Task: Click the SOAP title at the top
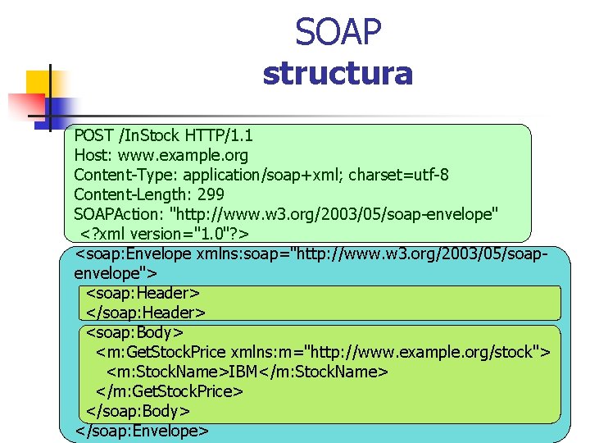(338, 33)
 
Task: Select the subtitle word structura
(338, 74)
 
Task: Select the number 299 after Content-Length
(210, 194)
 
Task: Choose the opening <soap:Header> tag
(143, 293)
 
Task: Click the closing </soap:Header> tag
(146, 313)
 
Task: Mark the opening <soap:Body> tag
(134, 332)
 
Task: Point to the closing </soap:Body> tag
(138, 411)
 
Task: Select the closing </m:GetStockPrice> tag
(170, 391)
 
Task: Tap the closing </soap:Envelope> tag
(142, 431)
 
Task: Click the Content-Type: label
(125, 175)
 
